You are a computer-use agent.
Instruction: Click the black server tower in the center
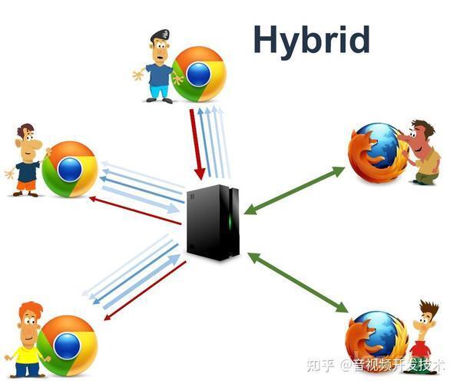click(x=213, y=222)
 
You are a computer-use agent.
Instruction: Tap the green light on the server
click(x=230, y=222)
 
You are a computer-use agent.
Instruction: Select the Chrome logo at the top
click(x=199, y=74)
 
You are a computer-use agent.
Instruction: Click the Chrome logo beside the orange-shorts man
click(x=70, y=169)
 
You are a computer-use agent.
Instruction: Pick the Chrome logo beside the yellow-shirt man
click(x=67, y=346)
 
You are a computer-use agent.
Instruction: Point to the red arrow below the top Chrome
click(x=196, y=144)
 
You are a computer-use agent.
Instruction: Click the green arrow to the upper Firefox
click(x=295, y=190)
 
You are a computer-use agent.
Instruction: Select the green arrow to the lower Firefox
click(x=298, y=283)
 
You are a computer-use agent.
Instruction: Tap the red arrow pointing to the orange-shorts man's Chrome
click(x=135, y=210)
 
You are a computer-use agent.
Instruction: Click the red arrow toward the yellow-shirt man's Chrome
click(x=145, y=290)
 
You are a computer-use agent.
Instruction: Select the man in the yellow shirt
click(x=26, y=339)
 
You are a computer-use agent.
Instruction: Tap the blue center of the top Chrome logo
click(x=199, y=74)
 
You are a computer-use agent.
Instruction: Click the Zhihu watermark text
click(x=376, y=365)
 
